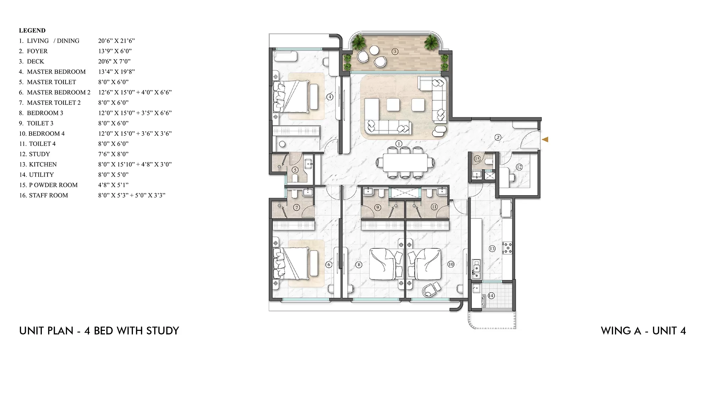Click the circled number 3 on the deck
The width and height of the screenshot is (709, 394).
coord(395,52)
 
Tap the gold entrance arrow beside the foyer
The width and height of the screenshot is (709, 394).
coord(545,139)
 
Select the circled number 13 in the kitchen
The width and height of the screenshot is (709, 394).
coord(492,249)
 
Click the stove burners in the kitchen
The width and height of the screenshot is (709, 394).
coord(507,248)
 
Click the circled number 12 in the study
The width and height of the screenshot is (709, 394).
coord(519,167)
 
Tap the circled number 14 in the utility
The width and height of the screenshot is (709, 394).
coord(491,295)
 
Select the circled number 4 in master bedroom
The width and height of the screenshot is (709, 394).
coord(330,97)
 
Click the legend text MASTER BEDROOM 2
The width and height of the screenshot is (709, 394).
coord(58,92)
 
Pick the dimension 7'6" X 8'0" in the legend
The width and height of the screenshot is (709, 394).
coord(113,154)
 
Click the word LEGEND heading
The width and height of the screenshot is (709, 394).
coord(32,30)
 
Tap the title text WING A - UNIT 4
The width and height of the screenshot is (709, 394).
coord(643,331)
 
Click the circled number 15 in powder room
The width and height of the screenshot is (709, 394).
coord(477,159)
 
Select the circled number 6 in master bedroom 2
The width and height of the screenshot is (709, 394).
coord(329,265)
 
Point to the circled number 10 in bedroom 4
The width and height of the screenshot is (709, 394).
coord(451,264)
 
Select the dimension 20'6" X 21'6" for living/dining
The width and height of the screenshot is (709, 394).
coord(116,41)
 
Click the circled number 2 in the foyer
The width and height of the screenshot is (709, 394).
coord(498,137)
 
